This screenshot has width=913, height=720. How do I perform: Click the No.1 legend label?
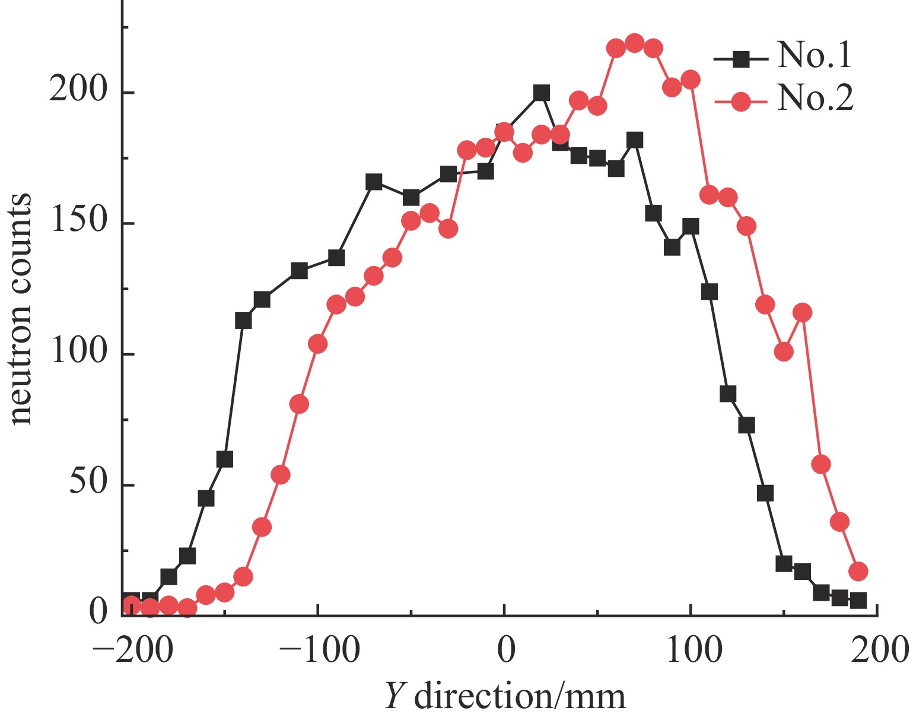[814, 56]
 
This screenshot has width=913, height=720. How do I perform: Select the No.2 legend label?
[815, 99]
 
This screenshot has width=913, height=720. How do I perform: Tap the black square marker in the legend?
[741, 58]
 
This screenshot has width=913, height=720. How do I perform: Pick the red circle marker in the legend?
[741, 101]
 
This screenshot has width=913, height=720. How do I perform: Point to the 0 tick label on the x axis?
[505, 651]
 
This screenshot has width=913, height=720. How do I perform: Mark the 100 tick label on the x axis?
[691, 651]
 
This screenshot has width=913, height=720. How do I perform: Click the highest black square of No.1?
[541, 93]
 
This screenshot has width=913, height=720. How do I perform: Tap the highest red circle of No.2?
[634, 43]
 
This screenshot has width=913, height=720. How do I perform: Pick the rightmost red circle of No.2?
[858, 572]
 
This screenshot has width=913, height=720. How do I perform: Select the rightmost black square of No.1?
[858, 601]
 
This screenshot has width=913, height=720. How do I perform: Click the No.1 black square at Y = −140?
[243, 321]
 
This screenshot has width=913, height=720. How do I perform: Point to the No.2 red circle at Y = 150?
[784, 352]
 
